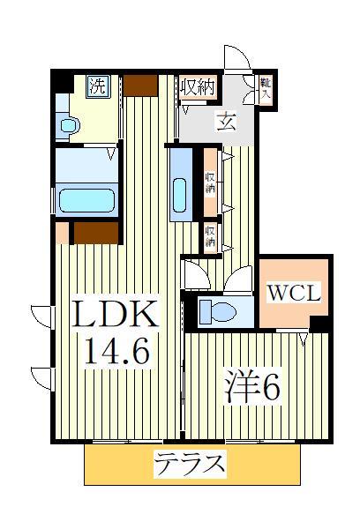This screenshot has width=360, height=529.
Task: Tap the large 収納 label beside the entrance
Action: click(198, 86)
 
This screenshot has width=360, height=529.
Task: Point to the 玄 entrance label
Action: click(227, 122)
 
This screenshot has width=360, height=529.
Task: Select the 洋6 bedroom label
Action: click(253, 388)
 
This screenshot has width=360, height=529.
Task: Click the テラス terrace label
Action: click(191, 463)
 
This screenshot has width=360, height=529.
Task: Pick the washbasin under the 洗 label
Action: click(66, 124)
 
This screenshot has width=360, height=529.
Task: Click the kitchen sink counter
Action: click(181, 183)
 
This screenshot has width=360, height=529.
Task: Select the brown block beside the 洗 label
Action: click(140, 85)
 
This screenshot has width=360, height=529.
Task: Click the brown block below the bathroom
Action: click(95, 232)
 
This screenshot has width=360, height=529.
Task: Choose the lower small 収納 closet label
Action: click(211, 235)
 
